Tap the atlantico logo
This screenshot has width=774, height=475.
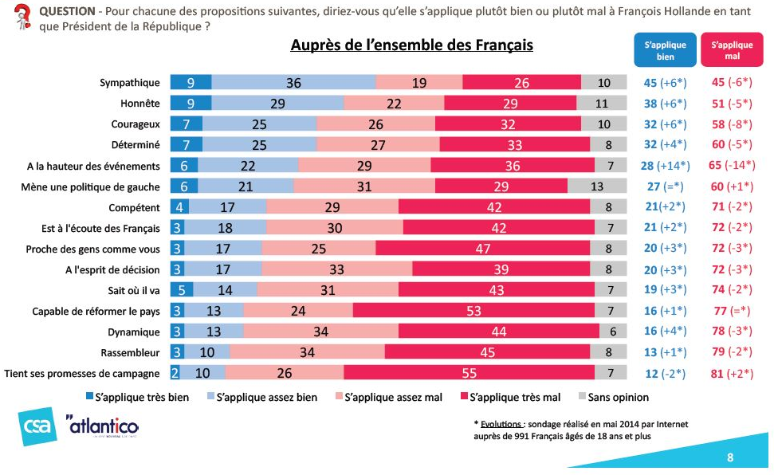(101, 428)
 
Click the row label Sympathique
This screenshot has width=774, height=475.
(130, 83)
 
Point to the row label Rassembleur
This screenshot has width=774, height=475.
(133, 352)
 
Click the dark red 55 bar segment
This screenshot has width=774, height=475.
(469, 373)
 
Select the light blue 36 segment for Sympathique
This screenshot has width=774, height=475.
(293, 83)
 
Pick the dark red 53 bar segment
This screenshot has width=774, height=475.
(473, 311)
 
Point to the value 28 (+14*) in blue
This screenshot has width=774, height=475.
(665, 166)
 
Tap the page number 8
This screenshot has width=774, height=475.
(729, 457)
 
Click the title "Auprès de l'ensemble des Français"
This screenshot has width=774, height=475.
(411, 45)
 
